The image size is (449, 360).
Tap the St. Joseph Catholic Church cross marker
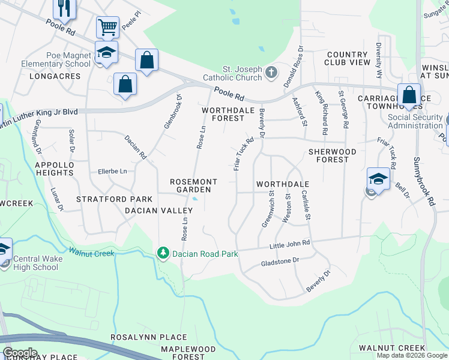[x=271, y=73]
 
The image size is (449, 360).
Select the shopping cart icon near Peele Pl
[x=107, y=27]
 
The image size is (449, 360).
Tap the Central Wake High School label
[x=35, y=263]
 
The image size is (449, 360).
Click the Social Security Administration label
[x=415, y=121]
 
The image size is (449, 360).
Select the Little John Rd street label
[x=289, y=244]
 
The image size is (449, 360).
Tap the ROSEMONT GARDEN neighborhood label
[x=190, y=185]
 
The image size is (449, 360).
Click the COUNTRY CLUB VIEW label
[x=348, y=58]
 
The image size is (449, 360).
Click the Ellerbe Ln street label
[x=112, y=172]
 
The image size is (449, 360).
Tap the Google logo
[x=20, y=353]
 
